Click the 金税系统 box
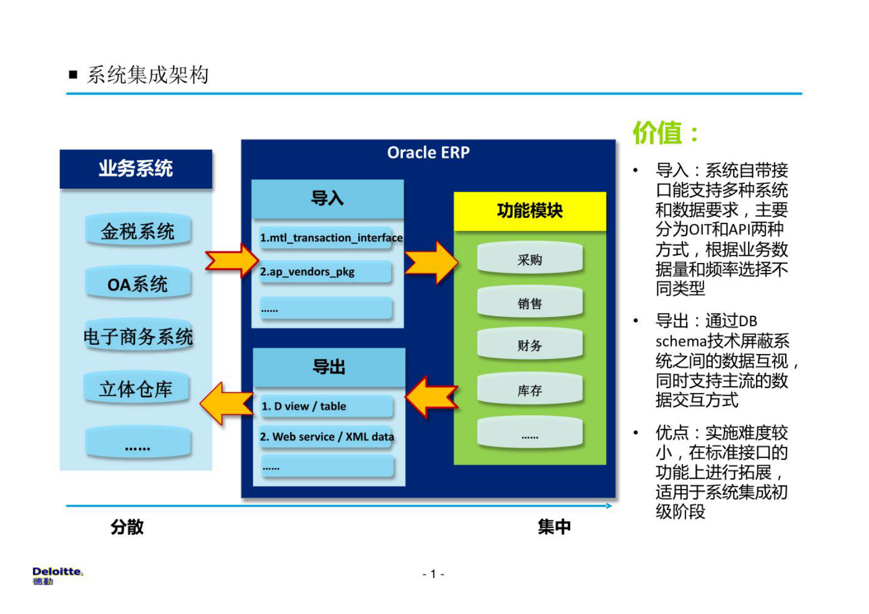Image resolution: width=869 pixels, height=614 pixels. (137, 231)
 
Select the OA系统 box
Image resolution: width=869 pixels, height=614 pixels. (137, 284)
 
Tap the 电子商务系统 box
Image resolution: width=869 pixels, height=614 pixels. (137, 336)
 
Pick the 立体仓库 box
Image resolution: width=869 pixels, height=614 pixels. (136, 389)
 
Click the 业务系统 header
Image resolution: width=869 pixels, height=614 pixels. (136, 169)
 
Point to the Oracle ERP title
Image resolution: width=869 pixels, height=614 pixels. (428, 153)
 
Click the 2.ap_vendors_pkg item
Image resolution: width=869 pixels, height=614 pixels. (325, 272)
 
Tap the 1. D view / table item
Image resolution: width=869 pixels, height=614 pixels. (327, 406)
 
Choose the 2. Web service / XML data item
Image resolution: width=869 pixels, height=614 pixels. (327, 437)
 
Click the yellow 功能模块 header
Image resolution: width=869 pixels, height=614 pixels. (530, 211)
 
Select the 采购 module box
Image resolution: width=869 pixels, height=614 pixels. (530, 259)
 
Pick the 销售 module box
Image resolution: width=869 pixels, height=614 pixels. (530, 303)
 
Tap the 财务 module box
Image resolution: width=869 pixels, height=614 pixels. (530, 345)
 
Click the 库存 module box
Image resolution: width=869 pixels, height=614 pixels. (530, 390)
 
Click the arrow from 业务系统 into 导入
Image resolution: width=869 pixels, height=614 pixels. (232, 260)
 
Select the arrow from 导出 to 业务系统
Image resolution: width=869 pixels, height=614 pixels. (226, 404)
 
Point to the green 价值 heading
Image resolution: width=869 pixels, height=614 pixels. (665, 133)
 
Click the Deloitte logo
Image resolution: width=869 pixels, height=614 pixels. (57, 575)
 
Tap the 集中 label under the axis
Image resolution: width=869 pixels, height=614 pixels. (554, 527)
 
